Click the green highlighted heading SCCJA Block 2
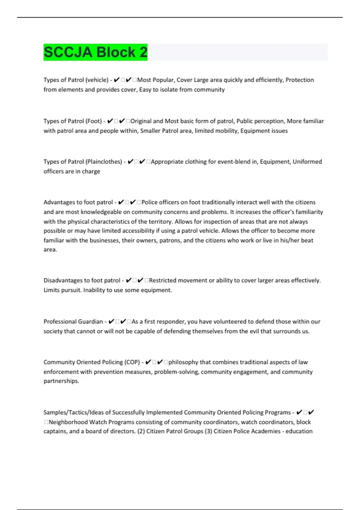(x=95, y=52)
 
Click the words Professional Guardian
(x=73, y=322)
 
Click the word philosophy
(x=183, y=362)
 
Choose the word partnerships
(x=61, y=381)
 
